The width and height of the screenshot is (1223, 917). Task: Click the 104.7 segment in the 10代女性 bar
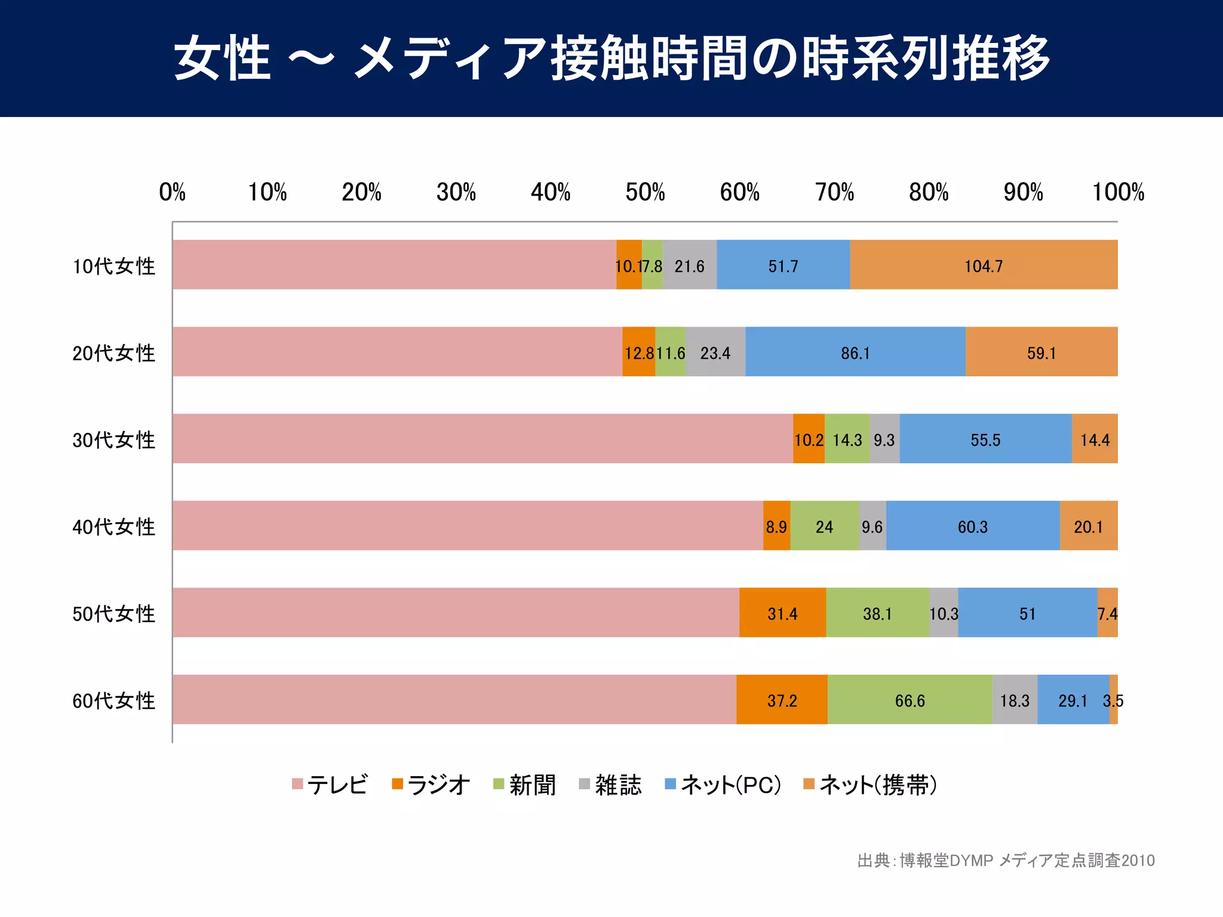(984, 266)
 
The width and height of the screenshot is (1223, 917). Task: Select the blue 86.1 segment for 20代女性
(855, 353)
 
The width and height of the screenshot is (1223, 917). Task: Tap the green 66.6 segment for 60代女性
(909, 700)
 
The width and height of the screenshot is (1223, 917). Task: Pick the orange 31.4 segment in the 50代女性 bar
(782, 613)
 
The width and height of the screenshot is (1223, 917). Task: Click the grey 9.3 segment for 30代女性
(884, 439)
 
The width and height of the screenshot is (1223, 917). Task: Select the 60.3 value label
(973, 527)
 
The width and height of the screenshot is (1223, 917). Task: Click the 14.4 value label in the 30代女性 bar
(1095, 440)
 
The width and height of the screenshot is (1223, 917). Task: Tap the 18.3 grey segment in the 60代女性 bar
(1015, 700)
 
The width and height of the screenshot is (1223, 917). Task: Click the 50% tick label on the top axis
(645, 192)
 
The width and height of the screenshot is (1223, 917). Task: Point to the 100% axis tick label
(1117, 192)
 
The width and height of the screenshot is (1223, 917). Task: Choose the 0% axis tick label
(173, 192)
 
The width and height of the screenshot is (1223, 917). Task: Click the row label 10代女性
(113, 266)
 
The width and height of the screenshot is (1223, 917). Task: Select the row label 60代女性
(113, 700)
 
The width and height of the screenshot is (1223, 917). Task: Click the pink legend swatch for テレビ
(297, 784)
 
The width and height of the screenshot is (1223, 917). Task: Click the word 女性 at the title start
(222, 58)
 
